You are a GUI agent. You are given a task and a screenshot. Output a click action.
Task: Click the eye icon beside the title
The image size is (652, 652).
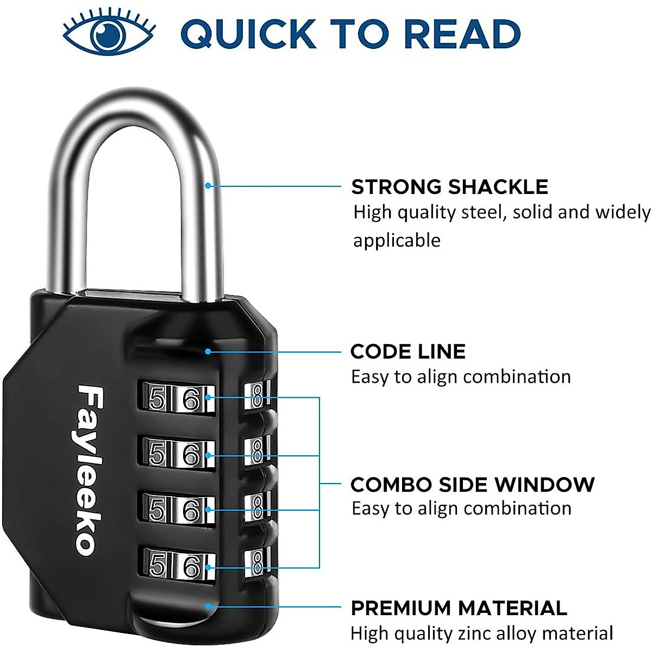109,34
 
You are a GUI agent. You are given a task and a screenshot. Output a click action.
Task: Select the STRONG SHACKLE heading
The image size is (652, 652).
449,187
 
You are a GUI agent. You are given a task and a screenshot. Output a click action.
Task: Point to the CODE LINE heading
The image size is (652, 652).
407,352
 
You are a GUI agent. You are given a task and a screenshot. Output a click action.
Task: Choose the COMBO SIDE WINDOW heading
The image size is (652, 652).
472,484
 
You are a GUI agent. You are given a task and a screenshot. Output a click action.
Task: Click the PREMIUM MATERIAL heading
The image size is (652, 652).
459,608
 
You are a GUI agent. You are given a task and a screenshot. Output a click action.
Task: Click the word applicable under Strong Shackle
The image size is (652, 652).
397,240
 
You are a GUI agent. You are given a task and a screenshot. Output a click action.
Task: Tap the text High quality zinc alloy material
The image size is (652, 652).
481,634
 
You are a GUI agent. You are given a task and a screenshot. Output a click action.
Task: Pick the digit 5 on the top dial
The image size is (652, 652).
157,399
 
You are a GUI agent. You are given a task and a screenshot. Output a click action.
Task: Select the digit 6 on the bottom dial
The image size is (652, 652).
192,567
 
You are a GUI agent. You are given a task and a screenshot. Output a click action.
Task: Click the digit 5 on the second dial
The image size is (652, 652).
157,454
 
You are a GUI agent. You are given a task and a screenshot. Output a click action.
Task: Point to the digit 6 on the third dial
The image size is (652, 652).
192,510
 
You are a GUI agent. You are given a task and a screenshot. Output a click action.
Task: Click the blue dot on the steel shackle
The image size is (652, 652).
208,186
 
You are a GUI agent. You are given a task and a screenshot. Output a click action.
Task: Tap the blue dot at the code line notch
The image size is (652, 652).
208,352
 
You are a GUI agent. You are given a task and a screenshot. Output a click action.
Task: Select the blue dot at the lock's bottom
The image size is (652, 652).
208,606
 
